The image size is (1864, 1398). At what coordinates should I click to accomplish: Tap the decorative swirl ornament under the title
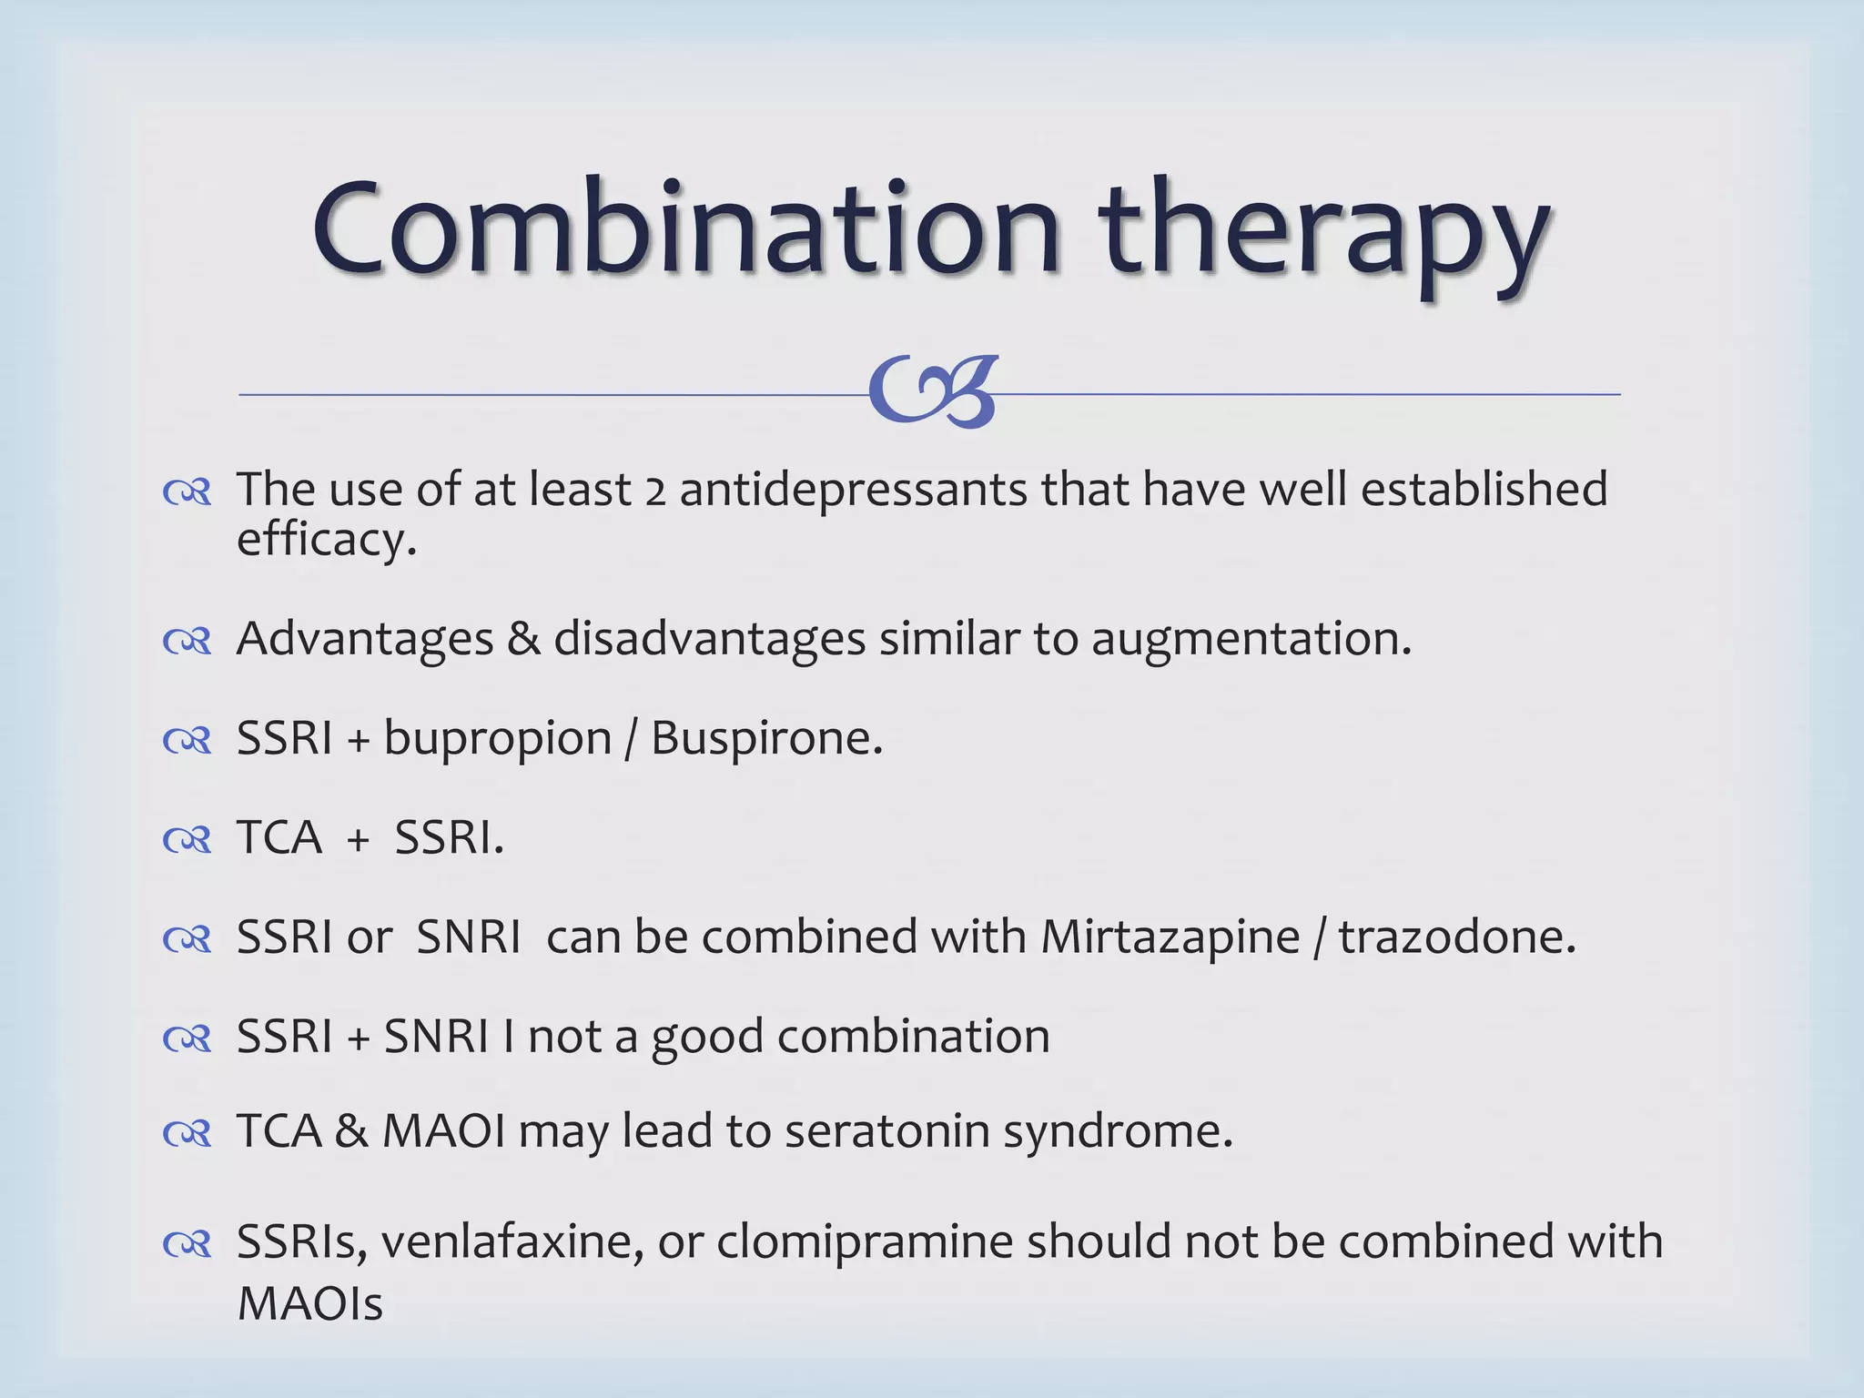pyautogui.click(x=933, y=392)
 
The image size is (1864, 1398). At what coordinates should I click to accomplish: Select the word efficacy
pyautogui.click(x=326, y=540)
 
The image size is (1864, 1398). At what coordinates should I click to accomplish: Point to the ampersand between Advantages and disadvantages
pyautogui.click(x=523, y=638)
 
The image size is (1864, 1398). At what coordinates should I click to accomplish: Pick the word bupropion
pyautogui.click(x=497, y=739)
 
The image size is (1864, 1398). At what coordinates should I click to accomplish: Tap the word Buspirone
pyautogui.click(x=765, y=738)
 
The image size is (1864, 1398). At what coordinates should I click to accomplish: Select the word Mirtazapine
pyautogui.click(x=1170, y=937)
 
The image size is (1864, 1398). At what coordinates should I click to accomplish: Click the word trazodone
pyautogui.click(x=1456, y=937)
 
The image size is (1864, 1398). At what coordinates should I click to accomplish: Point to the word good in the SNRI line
pyautogui.click(x=706, y=1038)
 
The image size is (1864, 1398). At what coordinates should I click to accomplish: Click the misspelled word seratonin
pyautogui.click(x=886, y=1132)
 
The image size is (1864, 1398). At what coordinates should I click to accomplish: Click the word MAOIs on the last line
pyautogui.click(x=309, y=1304)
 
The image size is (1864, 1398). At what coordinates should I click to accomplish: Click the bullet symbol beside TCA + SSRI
pyautogui.click(x=187, y=840)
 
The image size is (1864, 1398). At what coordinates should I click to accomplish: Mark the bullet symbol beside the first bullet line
pyautogui.click(x=187, y=492)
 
